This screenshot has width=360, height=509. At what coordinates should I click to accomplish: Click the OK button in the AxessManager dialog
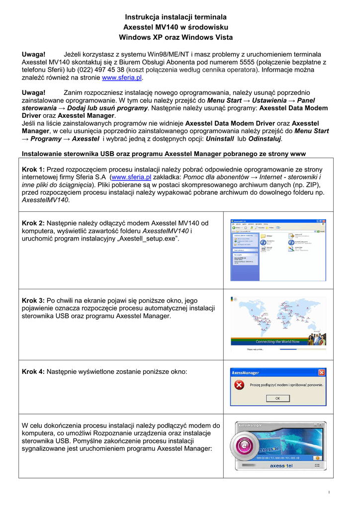point(278,398)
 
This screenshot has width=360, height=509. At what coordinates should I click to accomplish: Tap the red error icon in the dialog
point(240,385)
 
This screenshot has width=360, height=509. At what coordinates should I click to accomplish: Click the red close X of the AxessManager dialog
point(322,372)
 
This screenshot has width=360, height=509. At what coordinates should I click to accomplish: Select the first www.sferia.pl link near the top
point(122,78)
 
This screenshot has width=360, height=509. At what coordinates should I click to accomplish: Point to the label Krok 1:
point(34,170)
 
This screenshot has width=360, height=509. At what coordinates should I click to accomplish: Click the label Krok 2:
point(34,223)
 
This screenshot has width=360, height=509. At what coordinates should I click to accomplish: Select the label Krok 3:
point(34,301)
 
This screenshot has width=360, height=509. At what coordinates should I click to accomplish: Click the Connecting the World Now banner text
point(277,341)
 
